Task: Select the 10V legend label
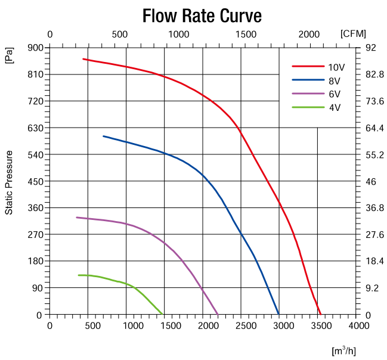point(334,66)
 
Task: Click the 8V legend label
point(334,80)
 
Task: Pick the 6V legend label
point(334,94)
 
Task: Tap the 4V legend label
point(334,107)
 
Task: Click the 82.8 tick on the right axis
point(374,75)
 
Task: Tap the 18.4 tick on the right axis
point(374,261)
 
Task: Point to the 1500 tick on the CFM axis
point(244,34)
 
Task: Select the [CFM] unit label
point(353,34)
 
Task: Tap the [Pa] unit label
point(9,56)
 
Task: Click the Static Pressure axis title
point(9,182)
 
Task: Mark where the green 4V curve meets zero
point(162,314)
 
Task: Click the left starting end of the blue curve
point(103,136)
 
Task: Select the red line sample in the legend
point(306,66)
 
